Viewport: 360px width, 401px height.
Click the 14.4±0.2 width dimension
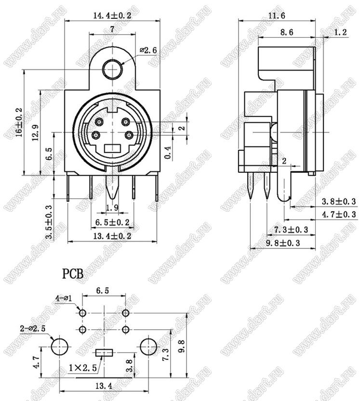tap(112, 15)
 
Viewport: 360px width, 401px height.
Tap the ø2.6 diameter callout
tap(148, 50)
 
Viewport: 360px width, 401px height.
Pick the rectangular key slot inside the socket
tap(112, 148)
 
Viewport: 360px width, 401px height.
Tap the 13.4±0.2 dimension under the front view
tap(112, 236)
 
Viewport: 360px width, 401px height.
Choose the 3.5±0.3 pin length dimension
tap(48, 222)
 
